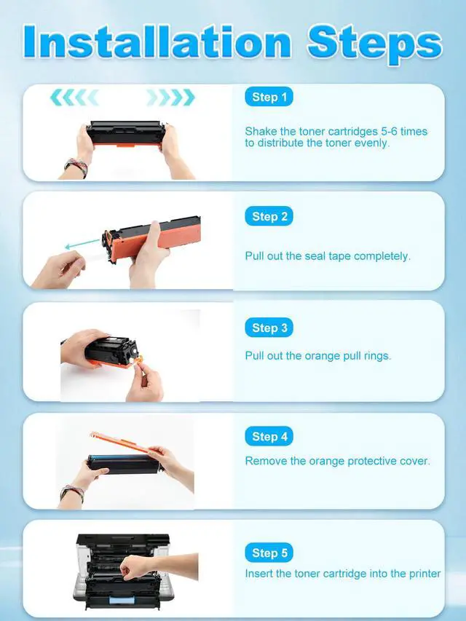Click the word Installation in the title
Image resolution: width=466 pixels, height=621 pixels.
click(x=157, y=41)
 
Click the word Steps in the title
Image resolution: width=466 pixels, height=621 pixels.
click(x=374, y=44)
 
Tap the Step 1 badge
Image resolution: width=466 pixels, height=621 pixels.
click(x=269, y=97)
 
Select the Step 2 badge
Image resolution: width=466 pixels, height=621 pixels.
click(x=269, y=216)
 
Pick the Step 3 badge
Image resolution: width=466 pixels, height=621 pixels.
click(x=269, y=328)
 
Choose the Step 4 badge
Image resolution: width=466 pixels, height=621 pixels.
click(x=269, y=436)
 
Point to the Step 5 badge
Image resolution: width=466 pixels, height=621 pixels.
click(x=269, y=553)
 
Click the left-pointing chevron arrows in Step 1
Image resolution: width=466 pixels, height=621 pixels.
click(x=74, y=98)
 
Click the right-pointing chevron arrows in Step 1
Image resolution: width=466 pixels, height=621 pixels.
click(x=171, y=98)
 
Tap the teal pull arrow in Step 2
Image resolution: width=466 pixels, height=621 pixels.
click(x=82, y=243)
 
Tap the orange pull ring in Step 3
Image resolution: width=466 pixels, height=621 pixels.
click(x=138, y=360)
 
